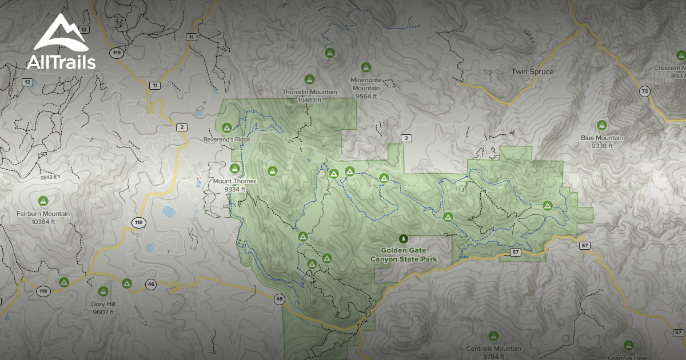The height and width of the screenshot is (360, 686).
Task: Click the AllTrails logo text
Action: [61, 62]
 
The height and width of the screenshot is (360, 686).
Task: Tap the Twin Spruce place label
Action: [532, 71]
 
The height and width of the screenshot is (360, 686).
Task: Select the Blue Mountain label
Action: [602, 138]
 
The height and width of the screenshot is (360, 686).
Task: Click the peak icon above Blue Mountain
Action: [601, 125]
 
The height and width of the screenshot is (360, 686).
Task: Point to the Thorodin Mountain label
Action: [309, 92]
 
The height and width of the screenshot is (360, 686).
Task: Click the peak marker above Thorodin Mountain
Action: [310, 79]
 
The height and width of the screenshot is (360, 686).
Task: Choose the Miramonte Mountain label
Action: [366, 84]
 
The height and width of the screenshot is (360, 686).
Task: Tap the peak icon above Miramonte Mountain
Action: [366, 67]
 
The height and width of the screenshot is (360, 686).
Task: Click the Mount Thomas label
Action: [235, 181]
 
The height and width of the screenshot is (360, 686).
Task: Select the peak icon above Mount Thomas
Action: [234, 169]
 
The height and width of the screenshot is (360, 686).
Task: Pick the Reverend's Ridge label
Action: [227, 139]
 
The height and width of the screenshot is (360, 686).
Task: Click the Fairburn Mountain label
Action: [43, 214]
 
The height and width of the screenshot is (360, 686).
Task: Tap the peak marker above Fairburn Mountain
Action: [42, 201]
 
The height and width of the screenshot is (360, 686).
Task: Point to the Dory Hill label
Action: [103, 304]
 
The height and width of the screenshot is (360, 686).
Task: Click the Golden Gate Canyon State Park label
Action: [404, 254]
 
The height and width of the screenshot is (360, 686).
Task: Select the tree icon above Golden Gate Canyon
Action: [404, 238]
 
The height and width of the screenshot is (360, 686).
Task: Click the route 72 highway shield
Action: [645, 91]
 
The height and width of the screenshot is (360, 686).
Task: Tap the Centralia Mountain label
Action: [493, 349]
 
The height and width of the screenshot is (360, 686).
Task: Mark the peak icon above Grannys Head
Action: [628, 345]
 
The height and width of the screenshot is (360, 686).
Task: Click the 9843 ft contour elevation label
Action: [49, 177]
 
